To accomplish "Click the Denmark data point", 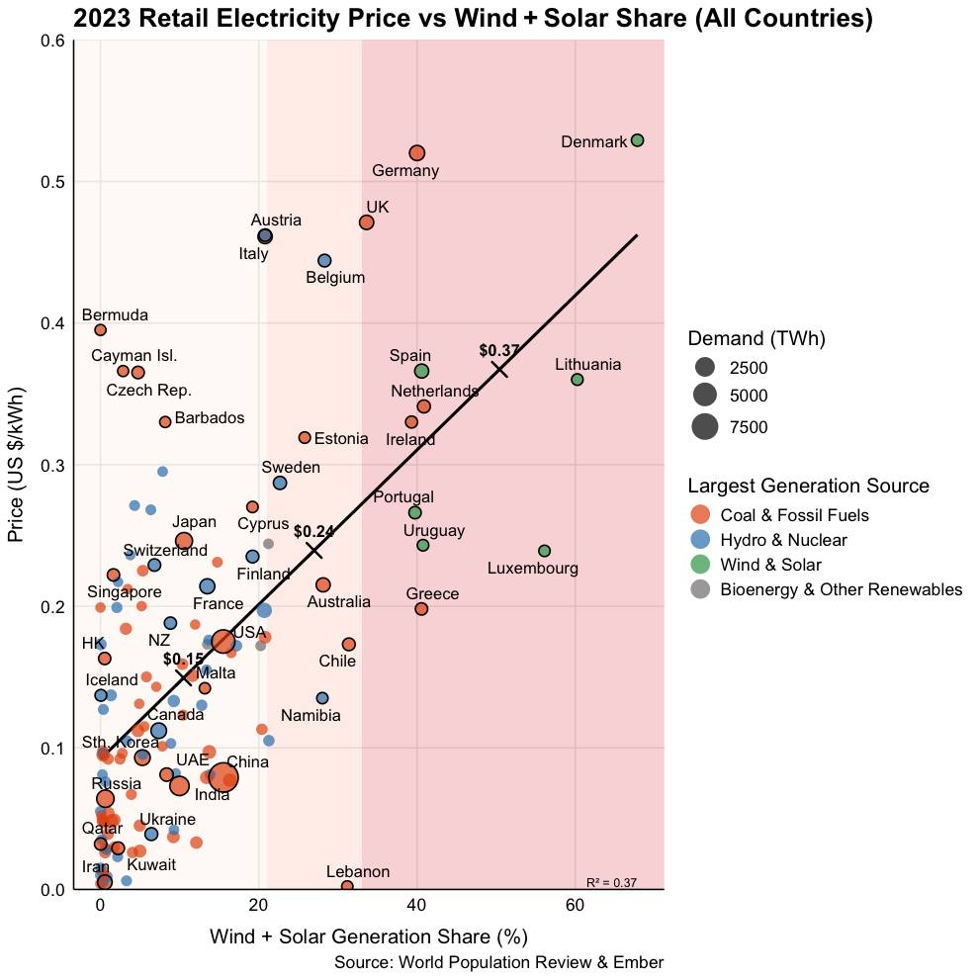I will tap(638, 140).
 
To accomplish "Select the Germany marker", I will tap(417, 153).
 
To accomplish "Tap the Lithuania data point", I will tap(578, 380).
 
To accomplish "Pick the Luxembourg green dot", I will tap(544, 551).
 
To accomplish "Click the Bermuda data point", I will tap(100, 330).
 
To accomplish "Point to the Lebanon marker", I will tap(347, 886).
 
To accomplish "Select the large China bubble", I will tap(223, 778).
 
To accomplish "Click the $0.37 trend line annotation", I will tap(499, 350).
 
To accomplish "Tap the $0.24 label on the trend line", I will tap(313, 531).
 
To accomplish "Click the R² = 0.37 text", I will tap(611, 882).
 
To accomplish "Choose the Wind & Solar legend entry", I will tap(770, 565).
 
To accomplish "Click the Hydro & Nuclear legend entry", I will tap(783, 540).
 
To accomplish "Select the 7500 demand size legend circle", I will tap(705, 427).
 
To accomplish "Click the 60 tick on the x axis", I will tap(575, 907).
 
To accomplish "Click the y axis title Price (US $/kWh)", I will tap(17, 464).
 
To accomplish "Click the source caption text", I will tap(498, 963).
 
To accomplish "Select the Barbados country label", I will tap(209, 418).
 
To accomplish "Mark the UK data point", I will tap(367, 222).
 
